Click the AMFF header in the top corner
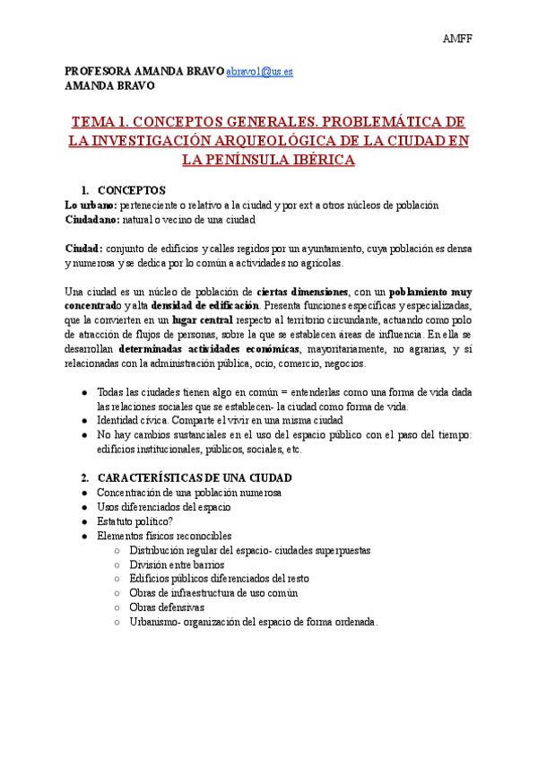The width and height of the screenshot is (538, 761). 459,39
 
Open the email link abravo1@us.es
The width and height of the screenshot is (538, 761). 259,71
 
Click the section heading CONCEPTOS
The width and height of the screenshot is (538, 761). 132,190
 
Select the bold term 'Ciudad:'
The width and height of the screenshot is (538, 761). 84,248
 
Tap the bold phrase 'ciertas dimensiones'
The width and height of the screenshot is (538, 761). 302,292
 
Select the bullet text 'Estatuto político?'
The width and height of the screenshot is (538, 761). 135,521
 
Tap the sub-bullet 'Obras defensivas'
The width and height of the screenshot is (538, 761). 167,608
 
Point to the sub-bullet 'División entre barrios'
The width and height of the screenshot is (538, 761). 177,564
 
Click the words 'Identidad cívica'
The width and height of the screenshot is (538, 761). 130,420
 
